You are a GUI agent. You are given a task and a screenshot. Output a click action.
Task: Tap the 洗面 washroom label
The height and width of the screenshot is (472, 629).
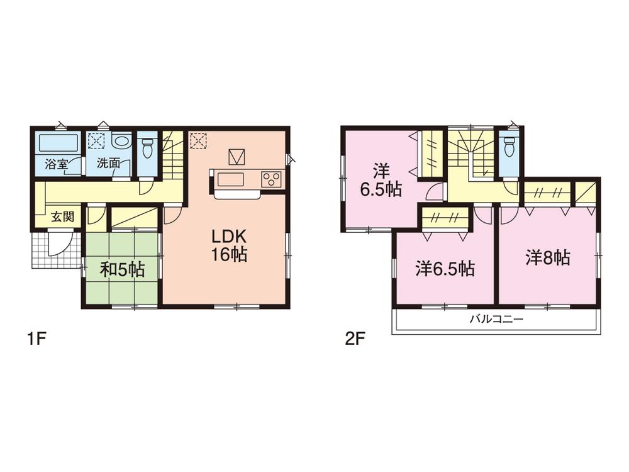coord(108,164)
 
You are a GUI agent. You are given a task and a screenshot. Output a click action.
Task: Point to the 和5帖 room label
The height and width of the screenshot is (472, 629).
coord(123,270)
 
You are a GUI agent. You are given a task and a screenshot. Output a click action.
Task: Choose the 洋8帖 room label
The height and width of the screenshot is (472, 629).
coord(548,257)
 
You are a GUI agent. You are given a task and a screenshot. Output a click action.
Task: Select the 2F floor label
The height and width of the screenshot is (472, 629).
coord(355,340)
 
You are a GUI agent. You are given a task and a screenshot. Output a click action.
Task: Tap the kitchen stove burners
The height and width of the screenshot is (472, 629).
coord(272,179)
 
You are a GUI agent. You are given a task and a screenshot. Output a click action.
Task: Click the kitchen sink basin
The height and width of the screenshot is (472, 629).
coord(231,179)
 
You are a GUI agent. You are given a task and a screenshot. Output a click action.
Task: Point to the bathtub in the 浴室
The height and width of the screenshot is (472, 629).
coord(58,143)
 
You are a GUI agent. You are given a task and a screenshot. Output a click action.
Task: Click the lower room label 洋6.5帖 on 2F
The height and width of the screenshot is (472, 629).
coord(445,269)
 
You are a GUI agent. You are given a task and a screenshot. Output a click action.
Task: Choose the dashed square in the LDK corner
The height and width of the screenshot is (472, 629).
coord(198,140)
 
